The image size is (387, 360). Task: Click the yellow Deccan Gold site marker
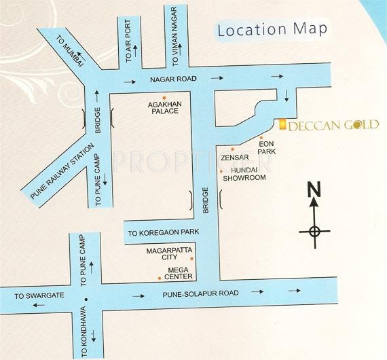(280, 123)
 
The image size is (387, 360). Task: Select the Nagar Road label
(172, 79)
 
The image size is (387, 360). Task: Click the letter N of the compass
(314, 190)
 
